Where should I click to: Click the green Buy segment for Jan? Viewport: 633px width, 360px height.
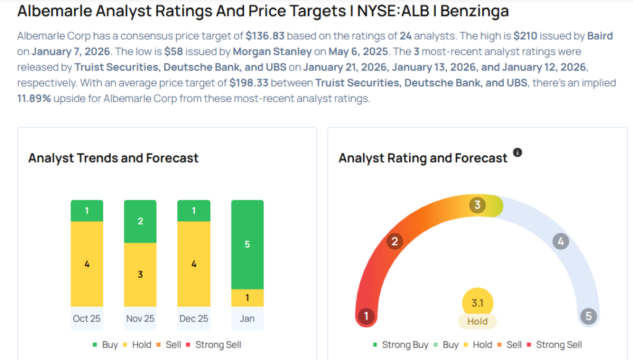click(247, 244)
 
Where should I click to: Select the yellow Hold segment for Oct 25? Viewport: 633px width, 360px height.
click(87, 264)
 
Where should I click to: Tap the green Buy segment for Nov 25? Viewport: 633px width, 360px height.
click(140, 221)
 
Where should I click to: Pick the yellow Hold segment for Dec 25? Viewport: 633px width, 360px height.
click(193, 264)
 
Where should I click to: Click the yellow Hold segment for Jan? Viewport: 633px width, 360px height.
click(247, 298)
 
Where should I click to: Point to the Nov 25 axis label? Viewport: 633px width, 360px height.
click(140, 319)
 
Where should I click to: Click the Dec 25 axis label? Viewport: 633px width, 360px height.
click(193, 319)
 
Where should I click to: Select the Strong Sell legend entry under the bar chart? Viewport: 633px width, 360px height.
click(218, 345)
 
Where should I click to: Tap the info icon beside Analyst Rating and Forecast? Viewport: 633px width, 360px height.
click(518, 152)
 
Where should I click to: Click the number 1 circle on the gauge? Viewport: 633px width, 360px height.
click(367, 317)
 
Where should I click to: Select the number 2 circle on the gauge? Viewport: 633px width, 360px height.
click(394, 241)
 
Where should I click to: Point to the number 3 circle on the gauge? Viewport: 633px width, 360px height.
click(477, 205)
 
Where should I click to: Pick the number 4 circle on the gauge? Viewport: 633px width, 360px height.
click(560, 241)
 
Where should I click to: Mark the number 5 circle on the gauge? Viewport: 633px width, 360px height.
click(588, 317)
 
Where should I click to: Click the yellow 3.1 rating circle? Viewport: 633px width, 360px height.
click(477, 303)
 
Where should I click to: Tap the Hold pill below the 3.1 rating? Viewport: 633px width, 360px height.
click(477, 322)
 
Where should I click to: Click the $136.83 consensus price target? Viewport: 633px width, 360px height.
click(265, 36)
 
